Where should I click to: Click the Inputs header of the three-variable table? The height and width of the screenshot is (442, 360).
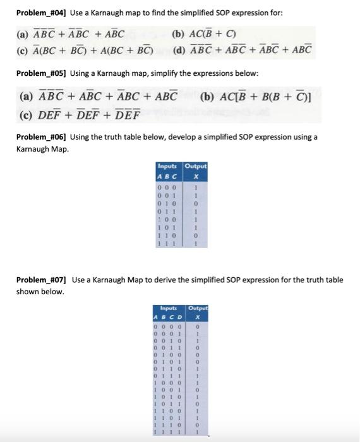pos(167,166)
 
